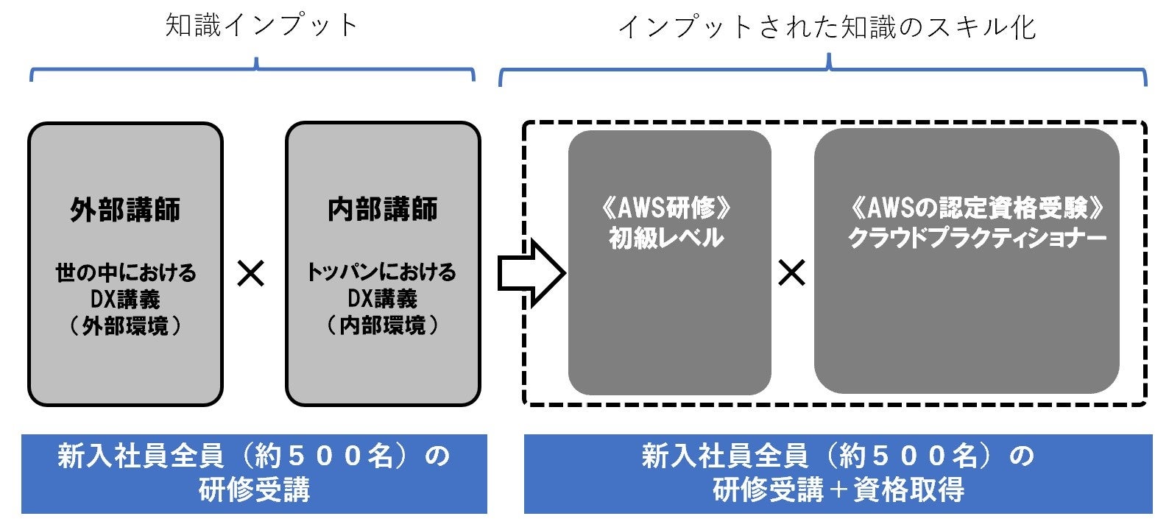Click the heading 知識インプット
[x=261, y=26]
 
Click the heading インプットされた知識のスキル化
[x=827, y=27]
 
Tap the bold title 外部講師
[x=125, y=211]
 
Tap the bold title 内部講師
[x=382, y=210]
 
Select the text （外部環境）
[x=125, y=326]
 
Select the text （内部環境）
[x=382, y=325]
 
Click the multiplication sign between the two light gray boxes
[x=251, y=275]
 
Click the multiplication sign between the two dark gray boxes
[x=791, y=274]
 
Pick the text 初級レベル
[x=666, y=239]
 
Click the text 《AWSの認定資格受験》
[x=977, y=209]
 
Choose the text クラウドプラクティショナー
[x=977, y=239]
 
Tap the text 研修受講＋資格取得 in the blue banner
[x=838, y=490]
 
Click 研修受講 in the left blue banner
[x=254, y=490]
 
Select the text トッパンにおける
[x=382, y=272]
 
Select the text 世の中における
[x=125, y=273]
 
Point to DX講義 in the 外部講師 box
[x=125, y=300]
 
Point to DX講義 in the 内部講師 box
[x=382, y=299]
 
